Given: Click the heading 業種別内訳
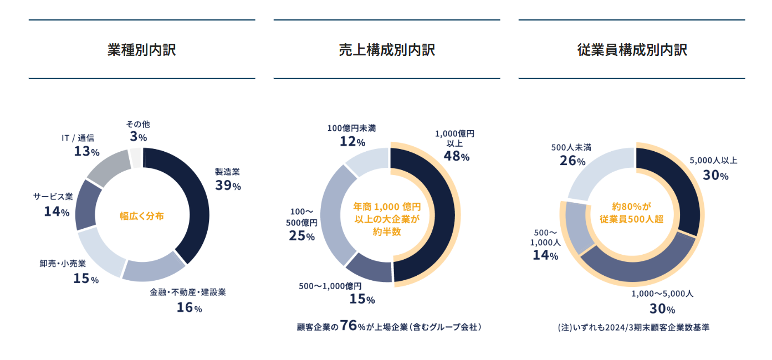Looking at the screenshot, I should [142, 50].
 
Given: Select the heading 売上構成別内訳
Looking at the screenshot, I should [387, 50].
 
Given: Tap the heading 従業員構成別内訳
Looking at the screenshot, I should [632, 50].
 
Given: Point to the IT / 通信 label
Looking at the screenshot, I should [78, 138].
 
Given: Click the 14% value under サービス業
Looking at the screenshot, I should [57, 211].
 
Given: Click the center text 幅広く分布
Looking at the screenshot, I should [142, 216].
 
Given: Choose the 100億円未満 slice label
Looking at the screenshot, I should [351, 128].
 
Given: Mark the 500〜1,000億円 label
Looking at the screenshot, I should [330, 286].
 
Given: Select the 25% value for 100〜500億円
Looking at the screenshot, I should [301, 235].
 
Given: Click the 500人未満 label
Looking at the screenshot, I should [571, 147].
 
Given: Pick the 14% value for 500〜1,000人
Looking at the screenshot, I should [545, 255].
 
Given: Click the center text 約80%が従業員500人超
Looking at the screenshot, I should [632, 213].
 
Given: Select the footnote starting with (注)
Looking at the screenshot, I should [633, 327].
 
